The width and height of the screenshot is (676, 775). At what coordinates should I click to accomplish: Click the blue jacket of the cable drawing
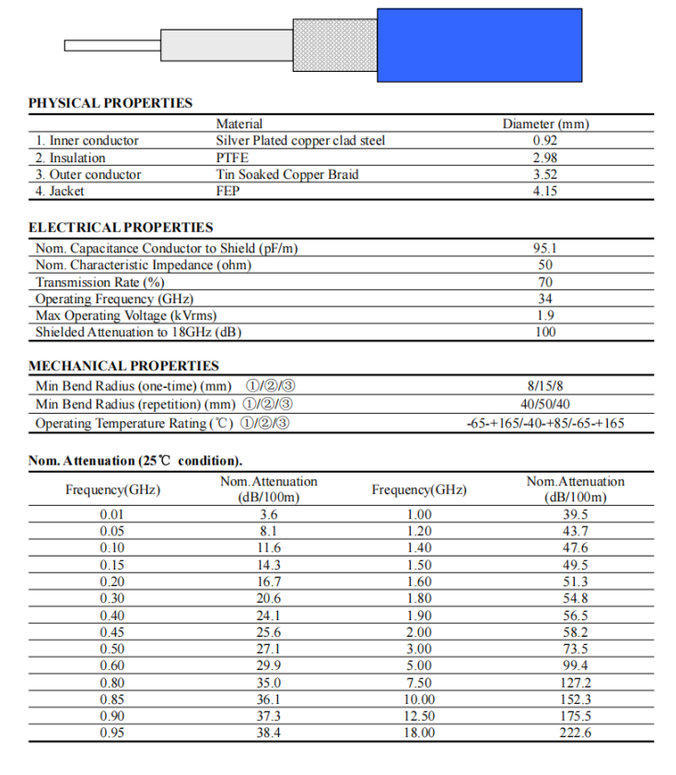click(x=479, y=44)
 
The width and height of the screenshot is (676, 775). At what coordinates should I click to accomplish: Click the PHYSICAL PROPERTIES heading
click(x=111, y=103)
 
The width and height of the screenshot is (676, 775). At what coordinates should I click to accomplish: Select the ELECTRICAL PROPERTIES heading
click(x=121, y=228)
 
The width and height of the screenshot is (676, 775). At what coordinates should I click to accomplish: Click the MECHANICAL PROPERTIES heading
click(x=123, y=366)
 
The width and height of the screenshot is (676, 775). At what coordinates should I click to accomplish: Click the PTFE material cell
click(x=232, y=158)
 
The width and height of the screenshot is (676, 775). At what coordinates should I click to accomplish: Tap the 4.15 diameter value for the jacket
click(x=545, y=191)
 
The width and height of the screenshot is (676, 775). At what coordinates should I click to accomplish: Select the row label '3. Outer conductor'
click(x=88, y=174)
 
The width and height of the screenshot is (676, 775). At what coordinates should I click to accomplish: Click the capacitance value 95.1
click(x=545, y=248)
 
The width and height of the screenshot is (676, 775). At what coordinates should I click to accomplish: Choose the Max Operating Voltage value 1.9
click(x=545, y=315)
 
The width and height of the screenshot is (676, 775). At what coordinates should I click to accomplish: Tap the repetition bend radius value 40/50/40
click(x=545, y=405)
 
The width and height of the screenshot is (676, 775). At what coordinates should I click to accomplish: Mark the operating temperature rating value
click(x=545, y=424)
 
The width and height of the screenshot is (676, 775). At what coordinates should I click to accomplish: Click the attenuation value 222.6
click(x=575, y=733)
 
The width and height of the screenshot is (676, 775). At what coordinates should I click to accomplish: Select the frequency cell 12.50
click(x=419, y=716)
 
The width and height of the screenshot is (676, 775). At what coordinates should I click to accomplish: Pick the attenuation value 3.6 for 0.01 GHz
click(x=269, y=514)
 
